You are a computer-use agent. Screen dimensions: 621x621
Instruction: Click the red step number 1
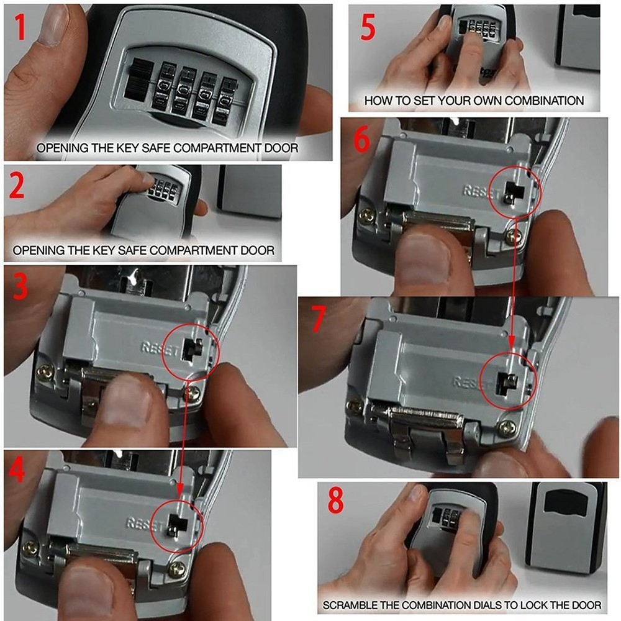click(19, 27)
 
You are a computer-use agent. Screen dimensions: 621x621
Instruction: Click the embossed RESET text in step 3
click(160, 349)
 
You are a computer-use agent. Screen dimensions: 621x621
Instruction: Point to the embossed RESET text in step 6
click(481, 192)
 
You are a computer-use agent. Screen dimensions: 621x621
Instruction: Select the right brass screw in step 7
click(508, 429)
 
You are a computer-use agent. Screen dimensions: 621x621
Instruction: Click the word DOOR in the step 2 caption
click(258, 250)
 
